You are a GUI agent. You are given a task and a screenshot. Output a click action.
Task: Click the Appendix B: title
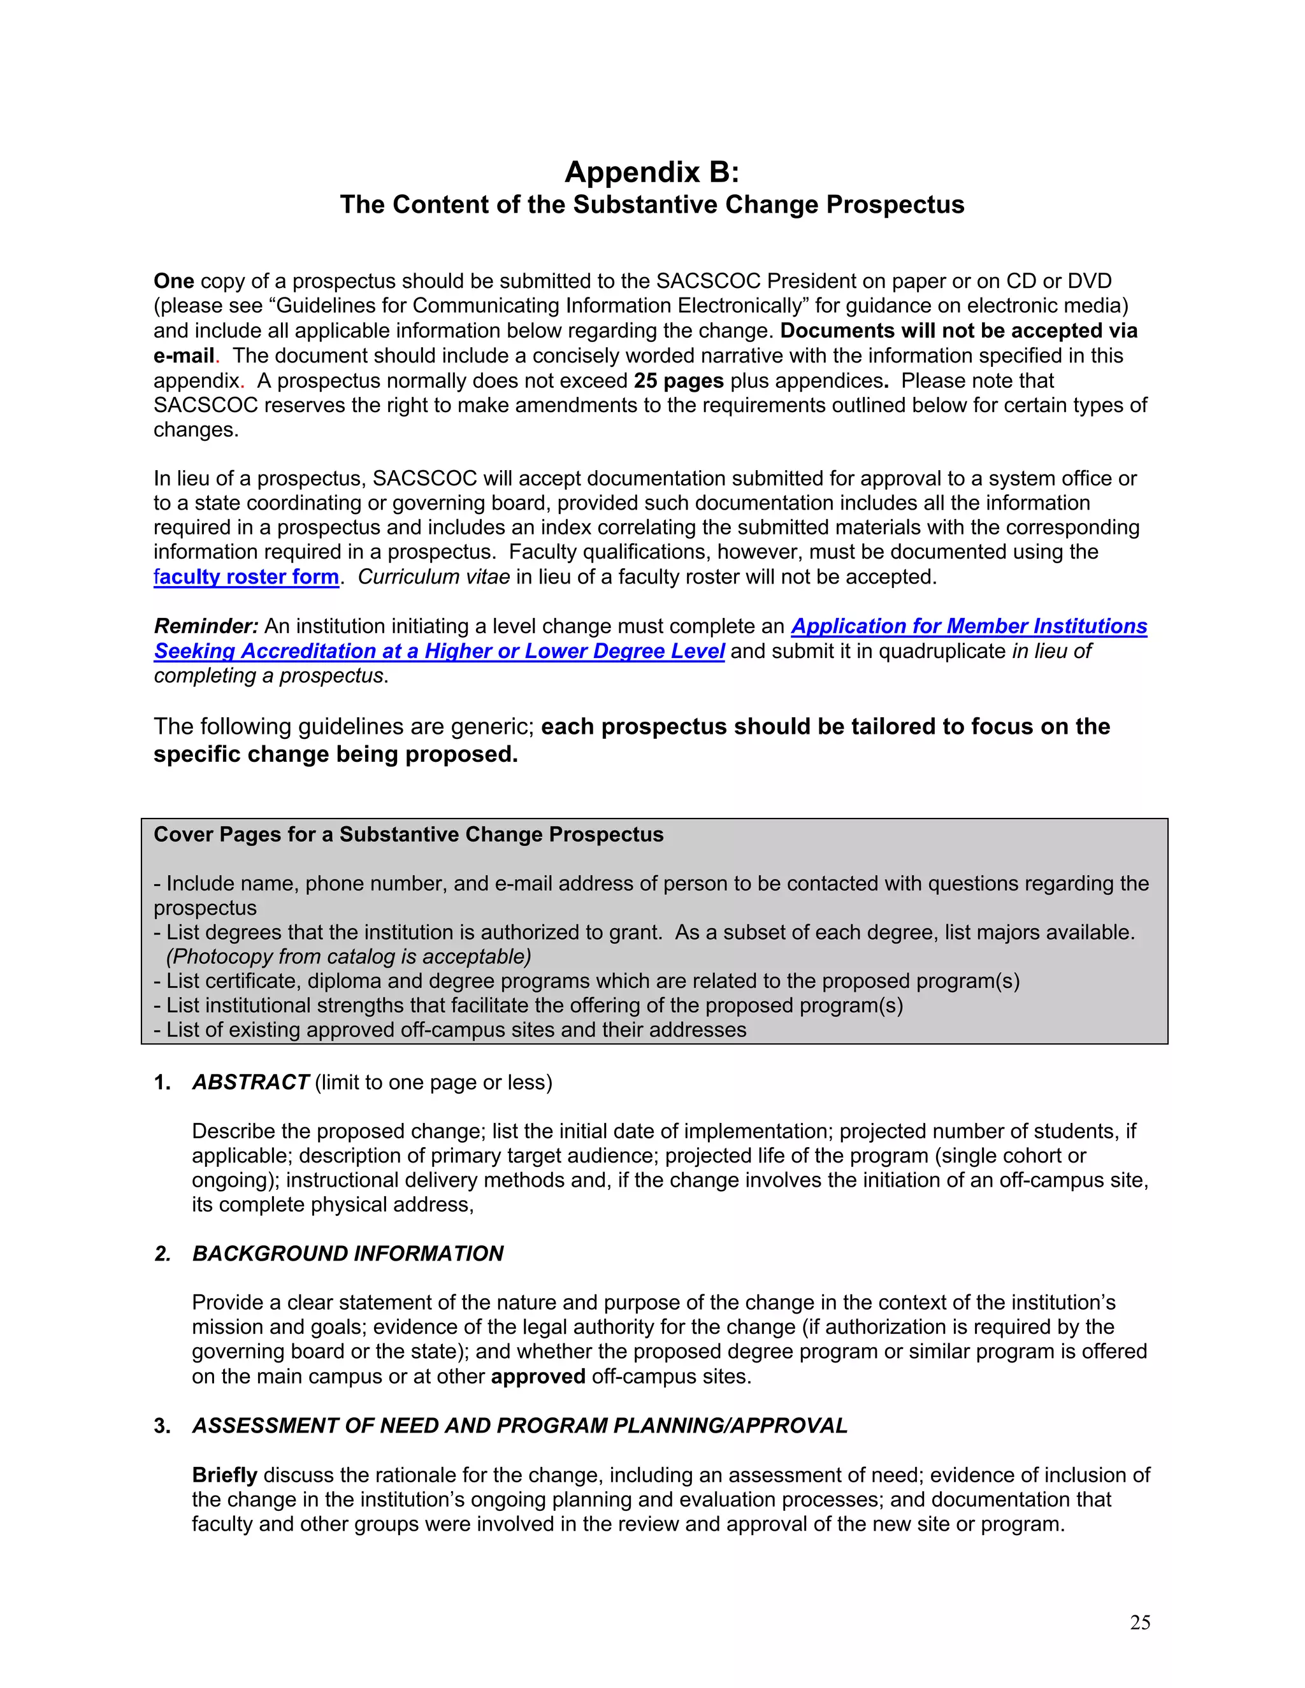click(x=652, y=171)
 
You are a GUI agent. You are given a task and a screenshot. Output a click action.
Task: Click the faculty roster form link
click(x=246, y=576)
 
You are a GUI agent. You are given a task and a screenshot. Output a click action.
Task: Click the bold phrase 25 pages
click(x=678, y=380)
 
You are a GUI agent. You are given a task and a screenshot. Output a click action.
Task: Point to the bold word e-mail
click(x=184, y=355)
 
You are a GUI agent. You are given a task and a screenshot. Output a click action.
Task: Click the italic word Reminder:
click(x=206, y=626)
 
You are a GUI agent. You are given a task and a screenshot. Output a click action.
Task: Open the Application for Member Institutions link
click(x=968, y=626)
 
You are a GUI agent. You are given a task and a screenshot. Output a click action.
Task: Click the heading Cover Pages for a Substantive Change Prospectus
click(x=408, y=834)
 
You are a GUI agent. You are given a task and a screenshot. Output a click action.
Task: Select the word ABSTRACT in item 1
click(x=250, y=1082)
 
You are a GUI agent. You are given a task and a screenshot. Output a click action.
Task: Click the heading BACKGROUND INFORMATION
click(x=347, y=1254)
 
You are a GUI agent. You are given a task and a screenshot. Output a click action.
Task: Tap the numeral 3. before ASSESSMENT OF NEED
click(x=162, y=1426)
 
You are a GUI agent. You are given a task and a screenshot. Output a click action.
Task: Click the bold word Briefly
click(x=224, y=1475)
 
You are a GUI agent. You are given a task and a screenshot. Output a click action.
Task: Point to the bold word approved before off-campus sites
click(x=537, y=1377)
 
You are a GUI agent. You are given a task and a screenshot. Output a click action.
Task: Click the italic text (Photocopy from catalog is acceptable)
click(x=349, y=957)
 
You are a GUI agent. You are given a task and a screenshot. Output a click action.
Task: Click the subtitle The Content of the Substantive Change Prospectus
click(x=652, y=205)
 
